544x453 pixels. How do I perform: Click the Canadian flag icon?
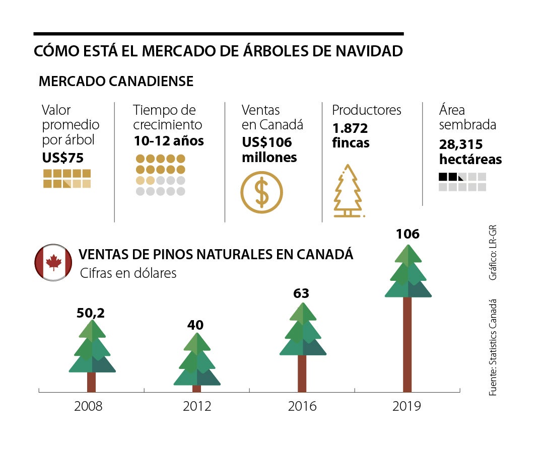[x=53, y=262]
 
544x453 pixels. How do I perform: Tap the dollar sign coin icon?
[x=261, y=192]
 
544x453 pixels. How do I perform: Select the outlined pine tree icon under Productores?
[x=348, y=191]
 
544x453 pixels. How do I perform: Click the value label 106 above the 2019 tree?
[x=407, y=234]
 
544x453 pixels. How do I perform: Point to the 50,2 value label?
[x=91, y=313]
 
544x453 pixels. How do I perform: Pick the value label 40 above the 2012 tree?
[x=195, y=325]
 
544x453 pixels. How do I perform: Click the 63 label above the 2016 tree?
[x=301, y=293]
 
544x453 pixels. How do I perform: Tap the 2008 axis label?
[x=88, y=406]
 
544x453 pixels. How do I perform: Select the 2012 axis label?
[x=196, y=406]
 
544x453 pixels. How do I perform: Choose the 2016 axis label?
[x=302, y=406]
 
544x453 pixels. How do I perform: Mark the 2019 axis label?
[x=406, y=406]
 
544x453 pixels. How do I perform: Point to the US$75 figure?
[x=63, y=158]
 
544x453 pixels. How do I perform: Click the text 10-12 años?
[x=169, y=141]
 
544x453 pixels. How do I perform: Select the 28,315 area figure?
[x=461, y=145]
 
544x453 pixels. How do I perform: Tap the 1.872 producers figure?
[x=350, y=128]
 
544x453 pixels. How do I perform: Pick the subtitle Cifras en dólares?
[x=128, y=273]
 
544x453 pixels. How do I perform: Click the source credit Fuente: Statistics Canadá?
[x=493, y=347]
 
